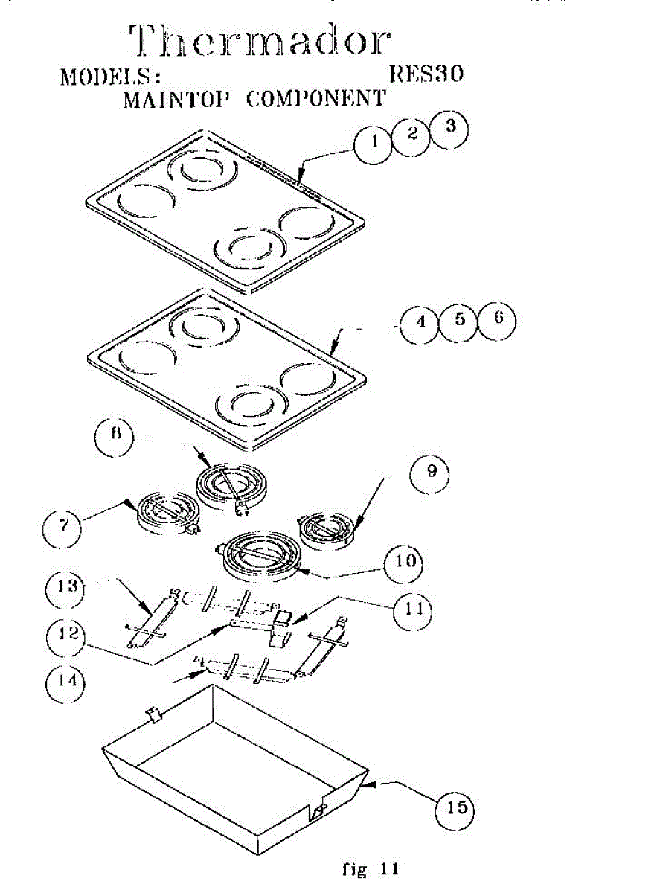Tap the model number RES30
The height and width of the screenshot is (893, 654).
pyautogui.click(x=426, y=75)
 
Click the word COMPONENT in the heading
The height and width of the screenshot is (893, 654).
pyautogui.click(x=315, y=99)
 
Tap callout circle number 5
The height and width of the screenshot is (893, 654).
pyautogui.click(x=459, y=321)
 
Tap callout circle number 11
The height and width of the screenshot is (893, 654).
pyautogui.click(x=414, y=608)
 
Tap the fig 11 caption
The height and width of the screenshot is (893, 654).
pyautogui.click(x=370, y=868)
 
